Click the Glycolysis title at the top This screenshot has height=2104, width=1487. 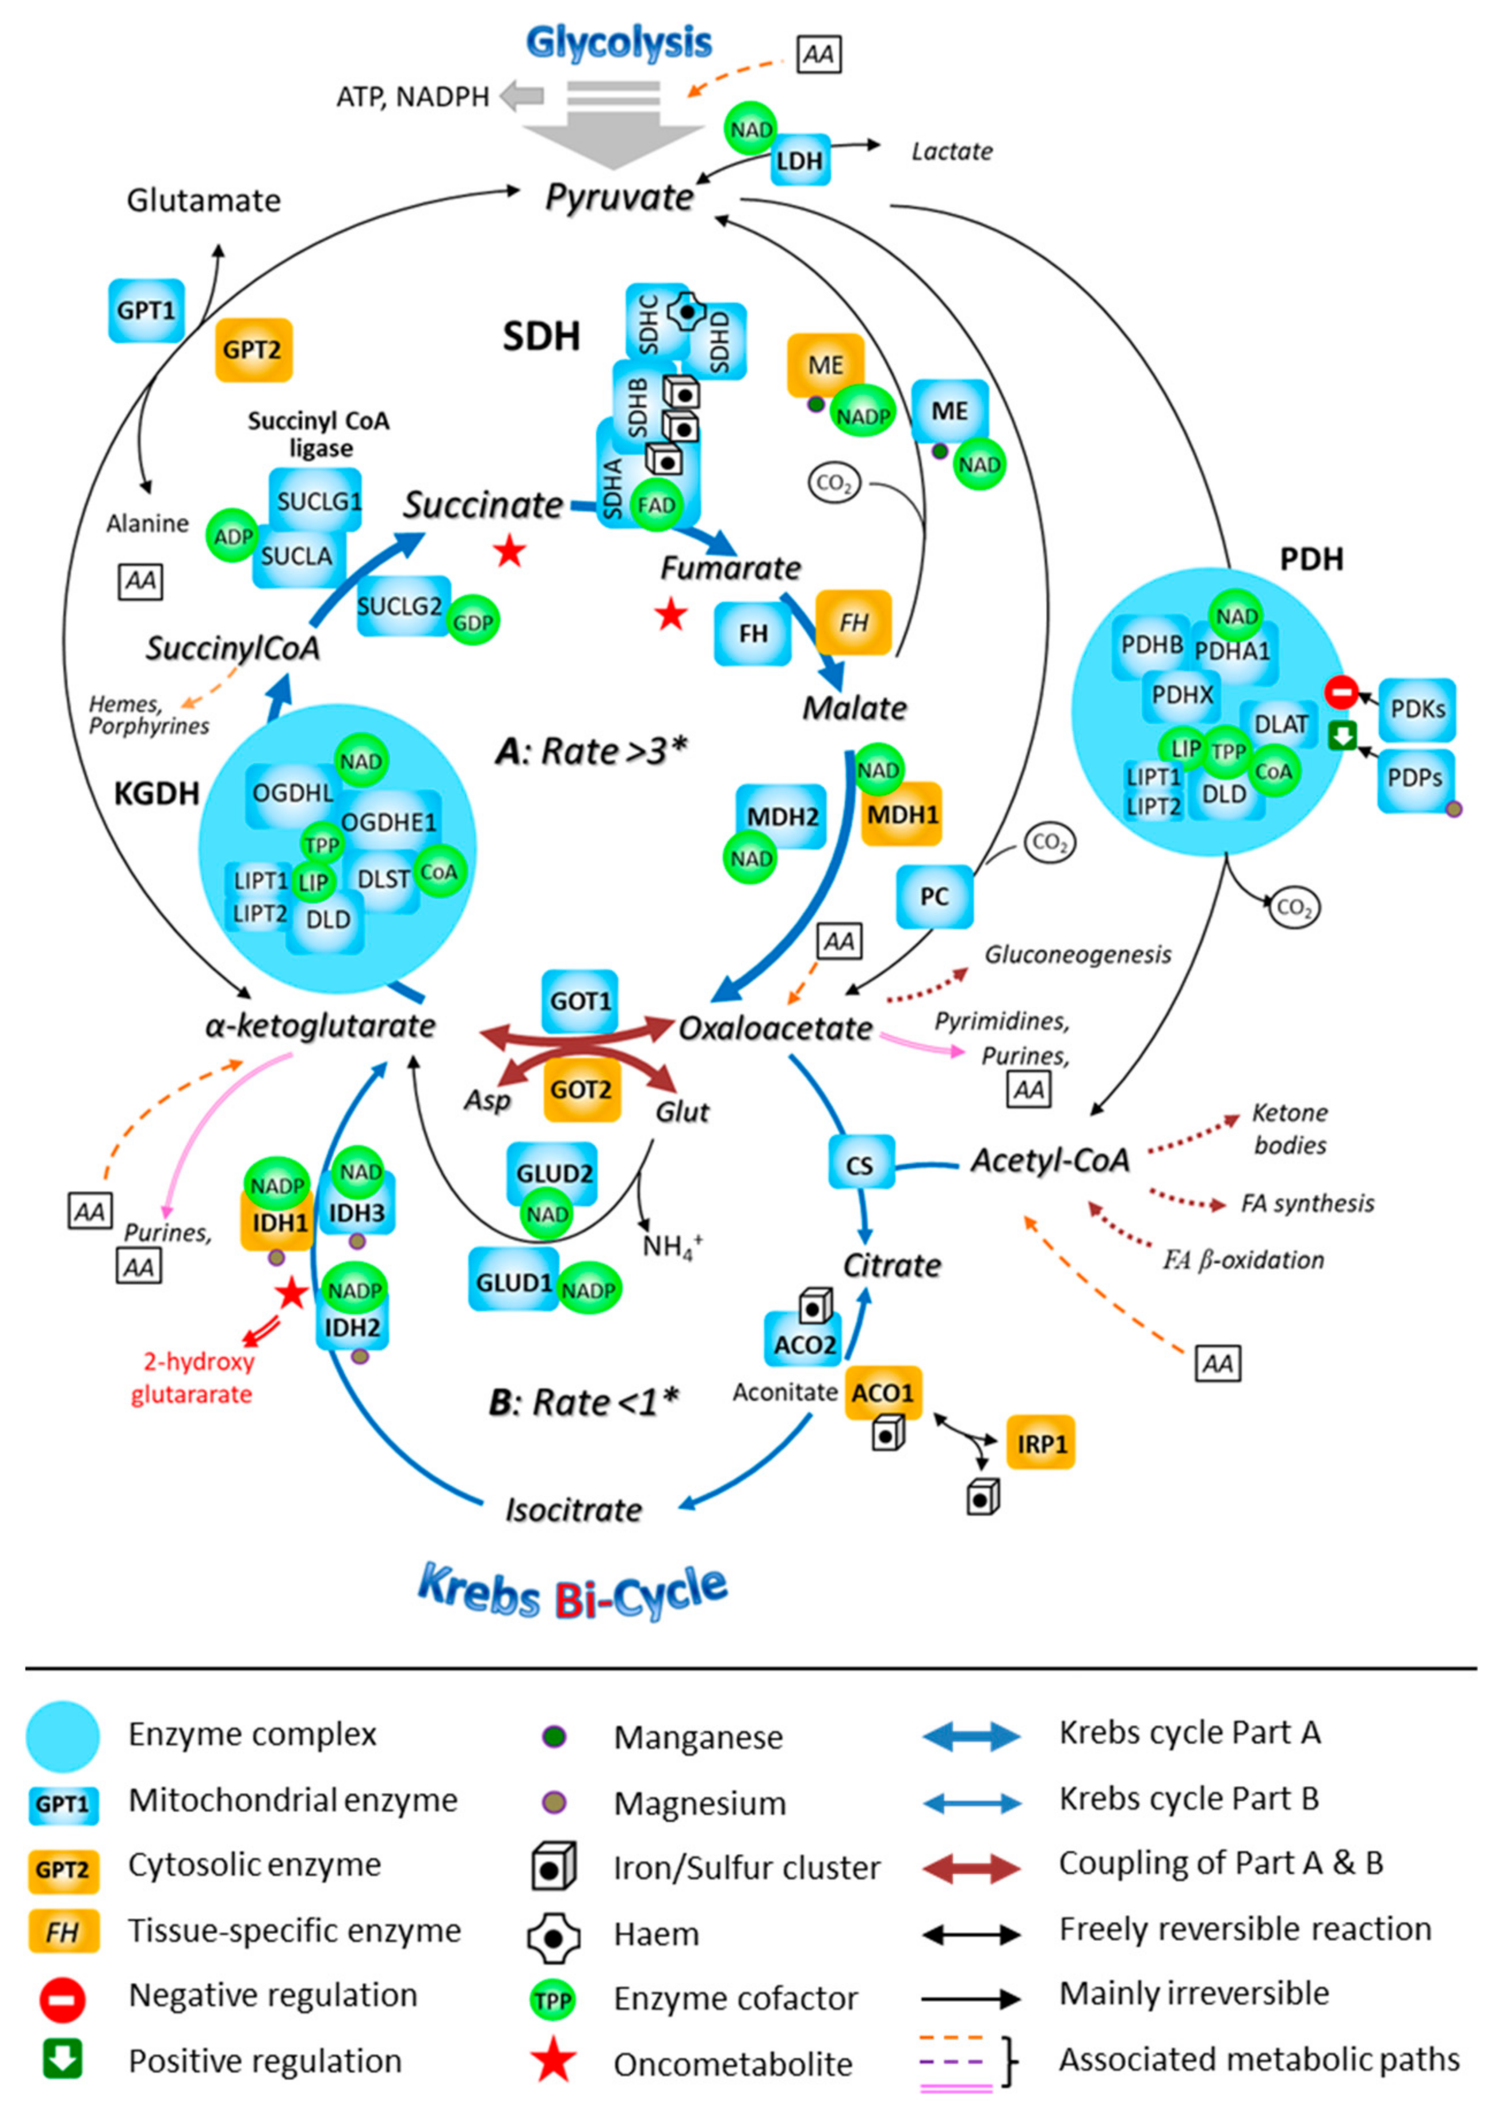619,43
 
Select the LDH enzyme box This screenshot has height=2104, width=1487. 800,161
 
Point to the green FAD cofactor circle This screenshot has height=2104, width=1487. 656,505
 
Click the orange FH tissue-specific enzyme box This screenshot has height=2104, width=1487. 853,622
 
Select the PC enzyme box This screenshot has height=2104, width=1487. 933,895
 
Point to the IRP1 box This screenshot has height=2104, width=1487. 1041,1443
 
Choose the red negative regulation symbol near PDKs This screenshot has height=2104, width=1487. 1341,692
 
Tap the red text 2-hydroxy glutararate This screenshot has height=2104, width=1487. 192,1377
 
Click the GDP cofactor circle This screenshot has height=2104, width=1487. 474,622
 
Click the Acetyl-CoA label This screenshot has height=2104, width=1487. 1050,1160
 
